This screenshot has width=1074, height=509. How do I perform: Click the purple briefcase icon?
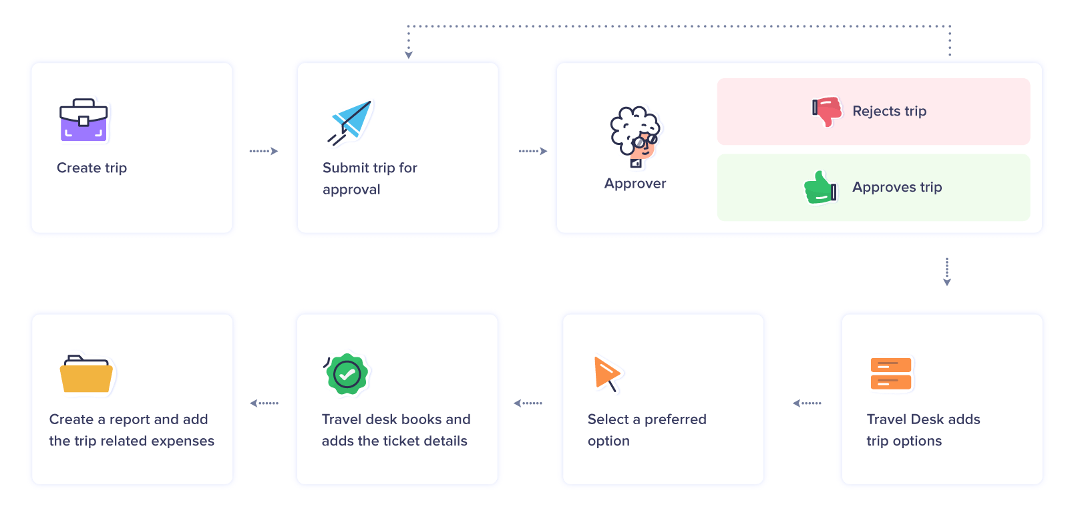[83, 120]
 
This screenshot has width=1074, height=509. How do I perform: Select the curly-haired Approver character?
[635, 136]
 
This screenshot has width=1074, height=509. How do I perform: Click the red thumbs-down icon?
[827, 110]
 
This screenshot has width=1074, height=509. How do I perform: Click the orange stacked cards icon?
[891, 373]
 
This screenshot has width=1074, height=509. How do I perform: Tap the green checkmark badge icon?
[347, 374]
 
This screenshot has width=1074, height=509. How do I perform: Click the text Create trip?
[92, 168]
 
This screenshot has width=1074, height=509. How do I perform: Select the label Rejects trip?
[889, 112]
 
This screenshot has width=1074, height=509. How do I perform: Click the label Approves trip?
[896, 188]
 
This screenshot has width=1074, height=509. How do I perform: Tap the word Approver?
[635, 184]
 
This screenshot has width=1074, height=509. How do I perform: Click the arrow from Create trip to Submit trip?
[264, 151]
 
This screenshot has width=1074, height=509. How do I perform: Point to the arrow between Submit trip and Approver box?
[533, 151]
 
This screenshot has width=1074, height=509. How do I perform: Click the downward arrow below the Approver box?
[946, 272]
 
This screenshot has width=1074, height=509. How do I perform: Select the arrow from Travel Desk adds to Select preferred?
[807, 403]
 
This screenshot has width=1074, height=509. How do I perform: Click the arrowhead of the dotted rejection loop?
[409, 55]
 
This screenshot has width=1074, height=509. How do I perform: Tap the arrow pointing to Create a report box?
[264, 403]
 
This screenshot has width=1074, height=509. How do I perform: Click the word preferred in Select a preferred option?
[675, 419]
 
